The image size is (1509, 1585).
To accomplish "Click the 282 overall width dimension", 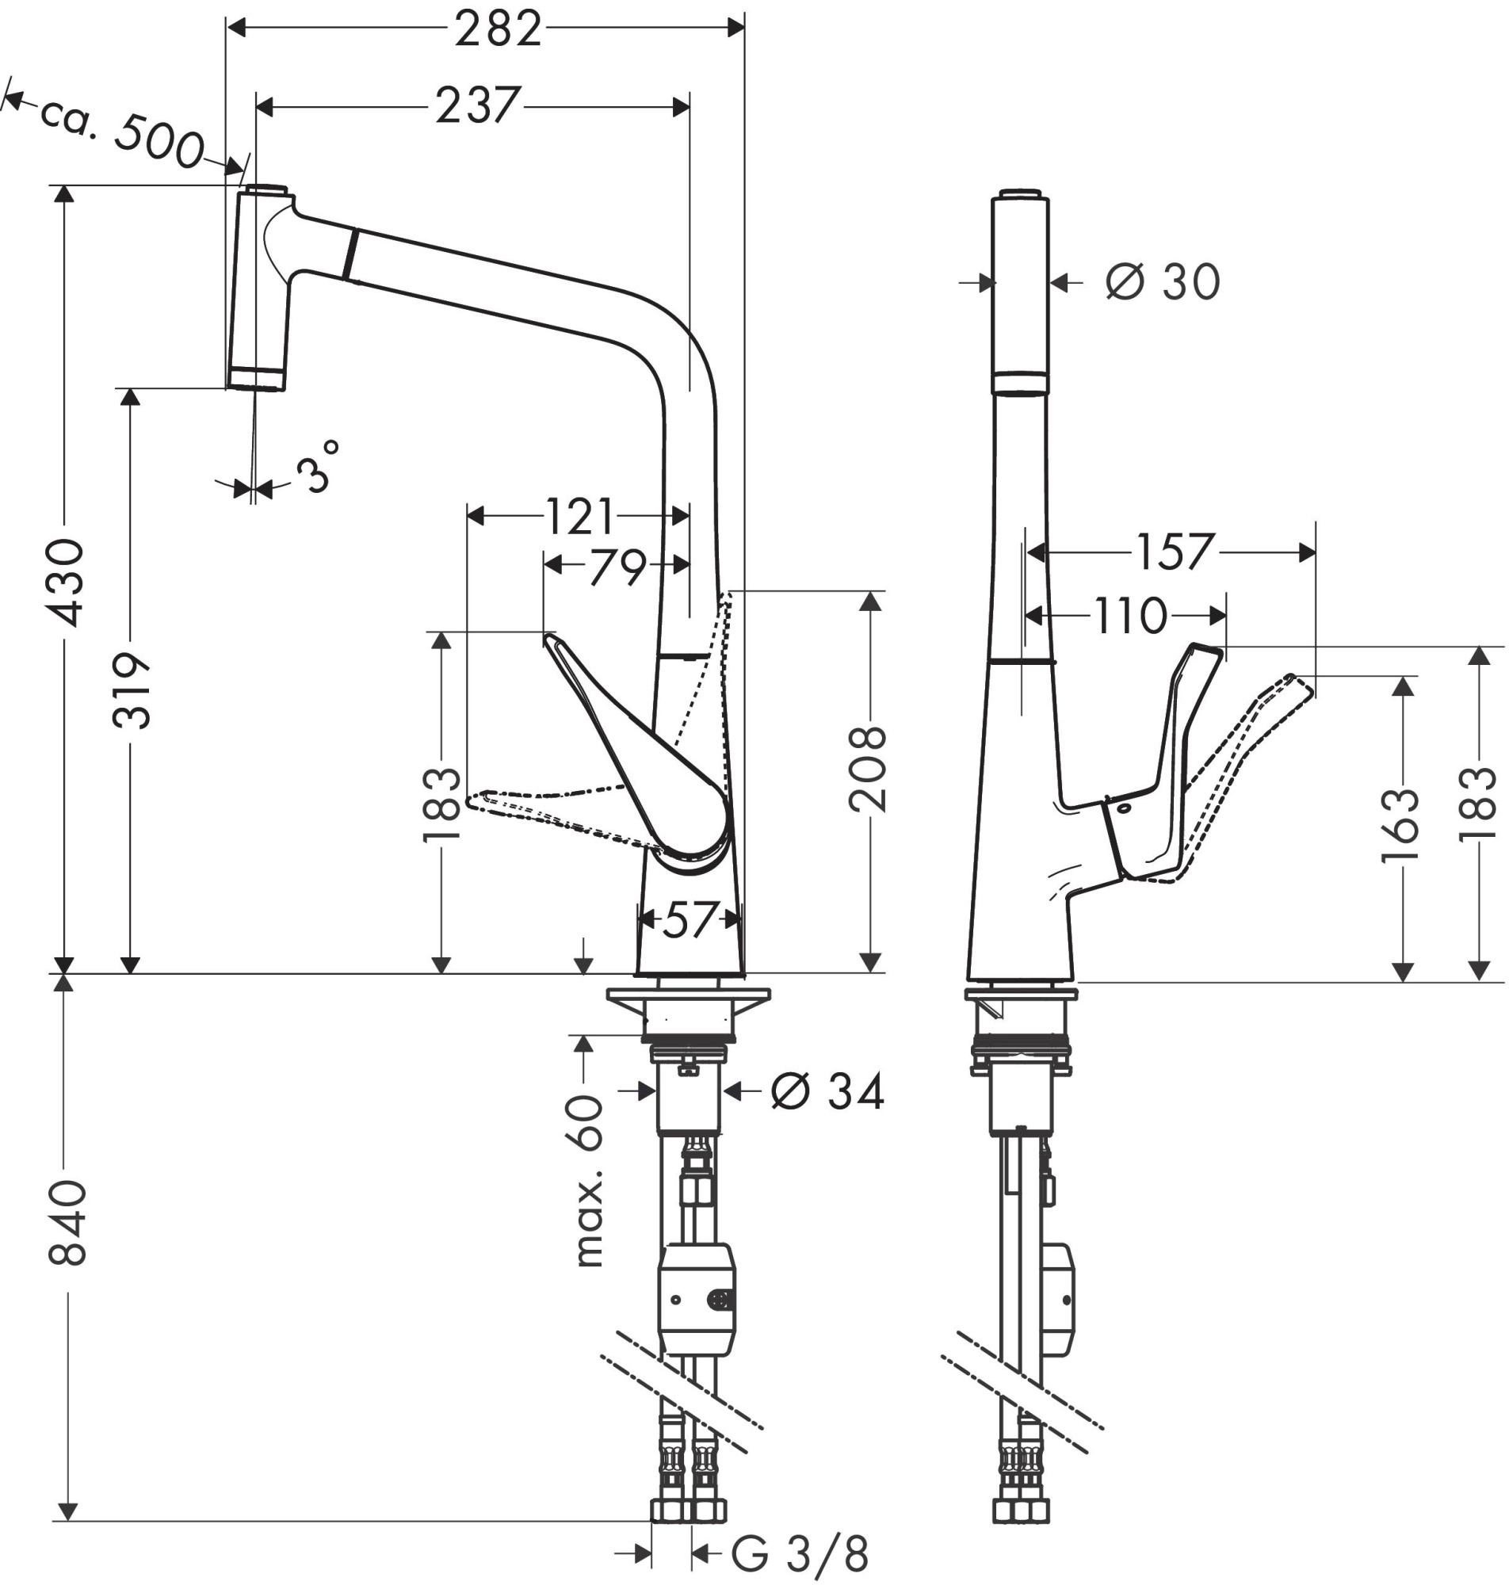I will click(x=497, y=31).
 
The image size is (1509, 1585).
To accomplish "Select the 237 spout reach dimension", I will click(x=478, y=106).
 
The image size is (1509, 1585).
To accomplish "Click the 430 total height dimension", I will click(x=64, y=583).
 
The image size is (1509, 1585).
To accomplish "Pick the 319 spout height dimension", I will click(x=131, y=692).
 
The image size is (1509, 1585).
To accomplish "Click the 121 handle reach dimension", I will click(x=579, y=516).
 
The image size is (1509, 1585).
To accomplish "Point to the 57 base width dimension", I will click(x=689, y=920).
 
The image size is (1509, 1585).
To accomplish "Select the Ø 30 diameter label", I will click(x=1163, y=283).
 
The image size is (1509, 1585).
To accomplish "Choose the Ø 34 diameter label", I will click(x=827, y=1092).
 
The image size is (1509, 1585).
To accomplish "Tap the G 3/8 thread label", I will click(x=800, y=1554).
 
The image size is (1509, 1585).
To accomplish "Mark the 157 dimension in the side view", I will click(x=1173, y=552).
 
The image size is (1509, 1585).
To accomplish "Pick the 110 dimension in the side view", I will click(x=1129, y=616).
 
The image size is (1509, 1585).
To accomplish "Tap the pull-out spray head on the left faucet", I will click(x=258, y=289).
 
